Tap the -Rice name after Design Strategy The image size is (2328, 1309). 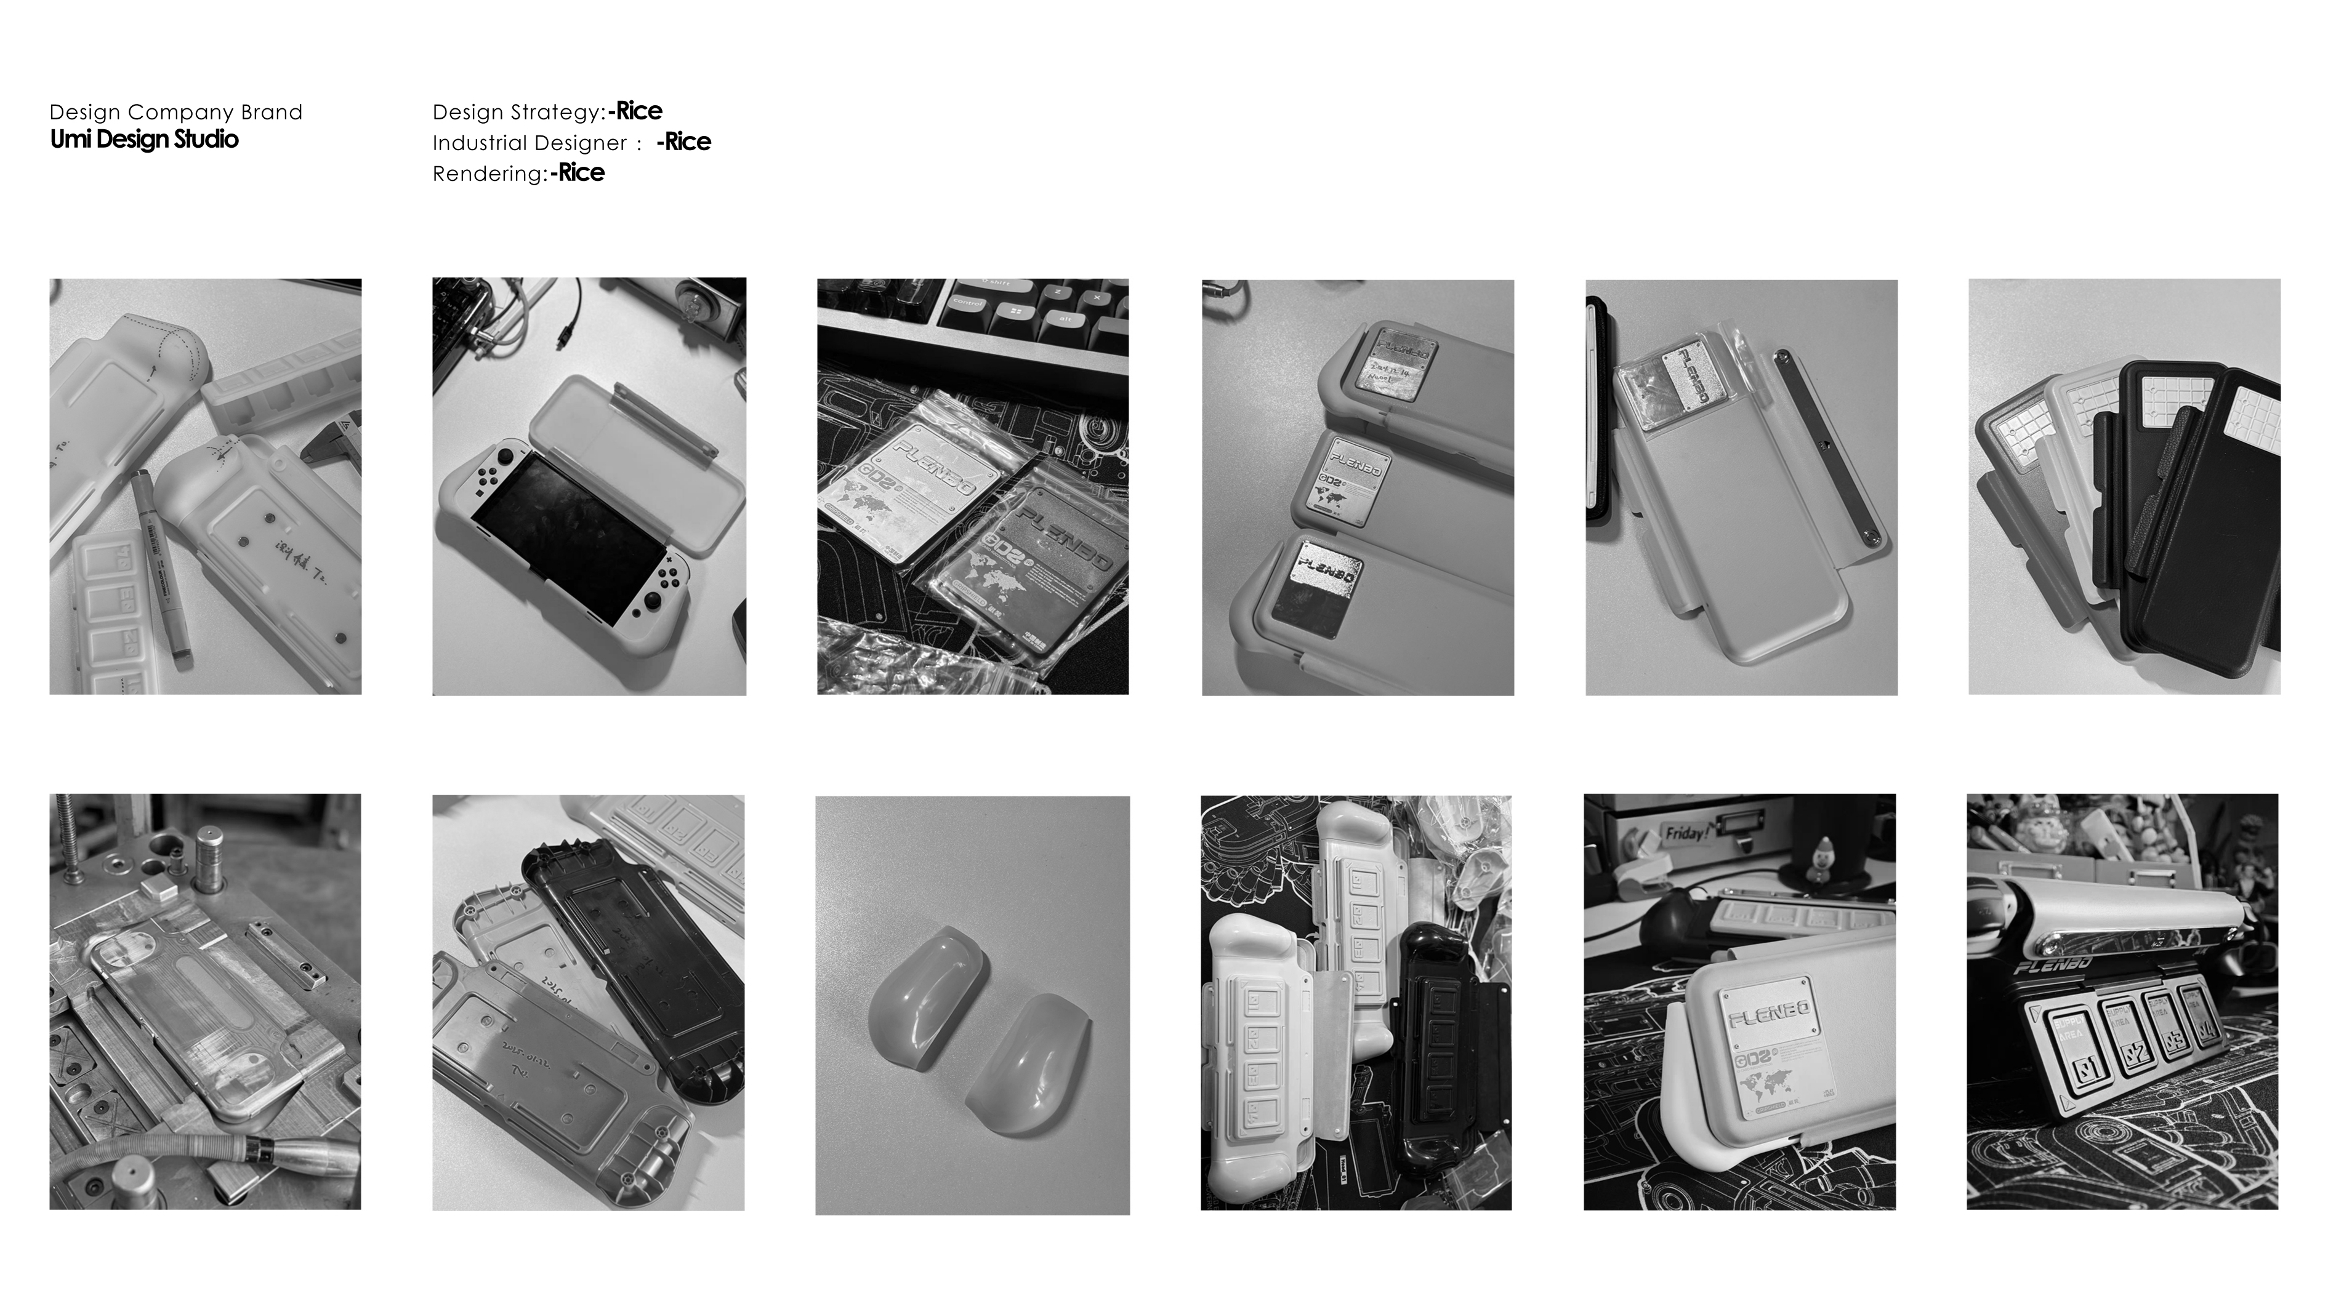pyautogui.click(x=635, y=111)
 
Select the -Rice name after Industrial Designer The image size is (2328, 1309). pyautogui.click(x=683, y=142)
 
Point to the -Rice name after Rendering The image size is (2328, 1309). pyautogui.click(x=578, y=172)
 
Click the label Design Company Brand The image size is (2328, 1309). pyautogui.click(x=175, y=112)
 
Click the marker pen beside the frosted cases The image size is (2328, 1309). pyautogui.click(x=161, y=559)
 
